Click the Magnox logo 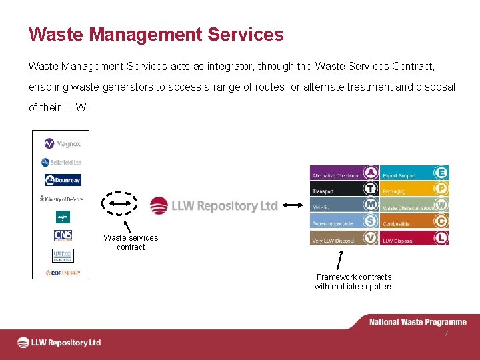coord(62,144)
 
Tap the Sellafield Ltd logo coord(61,162)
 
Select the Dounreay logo coord(63,180)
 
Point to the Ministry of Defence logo coord(61,199)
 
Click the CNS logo coord(63,235)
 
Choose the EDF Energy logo coord(63,273)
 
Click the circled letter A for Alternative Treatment coord(371,173)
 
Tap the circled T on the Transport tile coord(371,189)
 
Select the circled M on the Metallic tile coord(371,205)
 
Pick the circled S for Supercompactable coord(371,221)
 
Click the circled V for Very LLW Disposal coord(371,237)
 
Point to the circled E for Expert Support coord(441,173)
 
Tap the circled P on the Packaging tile coord(441,189)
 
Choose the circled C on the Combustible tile coord(441,221)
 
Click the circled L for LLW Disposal coord(441,237)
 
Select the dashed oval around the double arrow coord(119,203)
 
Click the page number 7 coord(446,333)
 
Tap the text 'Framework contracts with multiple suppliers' coord(354,282)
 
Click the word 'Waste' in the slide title coord(52,35)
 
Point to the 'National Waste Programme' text coord(418,323)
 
